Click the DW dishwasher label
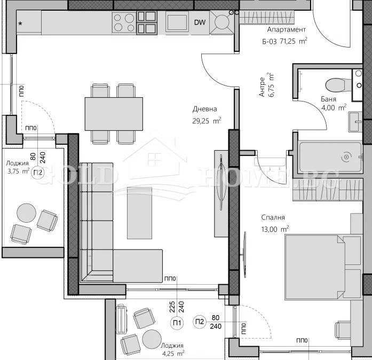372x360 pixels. click(200, 22)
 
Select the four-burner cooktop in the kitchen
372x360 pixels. click(124, 23)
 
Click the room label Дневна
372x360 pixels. click(204, 110)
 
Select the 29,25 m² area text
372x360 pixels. click(207, 121)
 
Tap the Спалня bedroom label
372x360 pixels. click(272, 218)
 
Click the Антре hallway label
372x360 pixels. click(263, 92)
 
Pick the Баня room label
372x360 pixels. click(328, 99)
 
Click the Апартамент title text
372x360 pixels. click(283, 30)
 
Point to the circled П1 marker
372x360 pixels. click(175, 322)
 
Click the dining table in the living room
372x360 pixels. click(114, 114)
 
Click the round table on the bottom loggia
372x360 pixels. click(151, 338)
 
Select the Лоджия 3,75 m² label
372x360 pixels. click(18, 168)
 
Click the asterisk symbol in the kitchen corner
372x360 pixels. click(21, 24)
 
